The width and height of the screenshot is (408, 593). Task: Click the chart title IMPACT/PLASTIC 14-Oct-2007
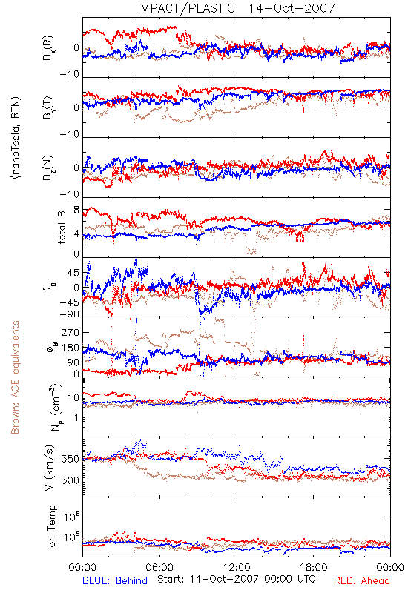(x=236, y=8)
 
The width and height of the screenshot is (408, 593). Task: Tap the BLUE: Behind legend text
(x=115, y=580)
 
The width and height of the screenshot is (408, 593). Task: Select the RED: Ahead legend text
(x=362, y=580)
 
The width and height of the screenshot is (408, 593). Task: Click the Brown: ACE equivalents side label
(x=15, y=377)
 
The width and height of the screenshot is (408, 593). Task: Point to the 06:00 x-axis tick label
(x=159, y=567)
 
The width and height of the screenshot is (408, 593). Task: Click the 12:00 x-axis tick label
(x=237, y=567)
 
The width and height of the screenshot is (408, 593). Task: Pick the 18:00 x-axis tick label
(x=314, y=567)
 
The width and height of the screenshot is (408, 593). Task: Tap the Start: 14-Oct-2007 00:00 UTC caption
(x=237, y=579)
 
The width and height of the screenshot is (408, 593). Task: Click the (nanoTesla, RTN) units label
(x=16, y=137)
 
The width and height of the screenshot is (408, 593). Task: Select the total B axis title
(x=62, y=228)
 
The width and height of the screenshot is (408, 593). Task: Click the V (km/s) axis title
(x=50, y=468)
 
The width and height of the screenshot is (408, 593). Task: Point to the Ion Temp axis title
(x=51, y=526)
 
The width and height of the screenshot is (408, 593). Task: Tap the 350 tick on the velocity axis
(x=70, y=459)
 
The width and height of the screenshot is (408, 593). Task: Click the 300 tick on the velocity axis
(x=70, y=480)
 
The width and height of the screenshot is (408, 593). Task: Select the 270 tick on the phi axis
(x=70, y=332)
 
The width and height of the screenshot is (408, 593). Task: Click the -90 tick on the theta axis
(x=70, y=314)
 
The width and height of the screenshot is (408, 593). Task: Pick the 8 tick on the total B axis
(x=76, y=210)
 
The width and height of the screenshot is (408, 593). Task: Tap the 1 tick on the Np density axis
(x=77, y=417)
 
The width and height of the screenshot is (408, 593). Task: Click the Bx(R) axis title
(x=48, y=47)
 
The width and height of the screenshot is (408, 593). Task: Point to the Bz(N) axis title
(x=48, y=168)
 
